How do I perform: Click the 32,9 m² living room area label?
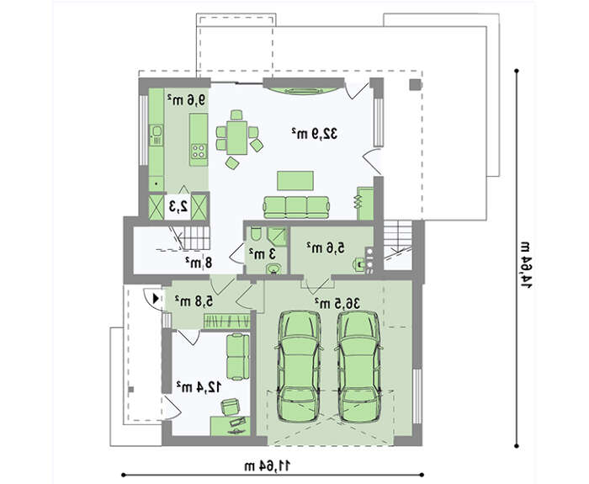(x=315, y=133)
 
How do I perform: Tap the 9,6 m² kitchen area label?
(x=186, y=99)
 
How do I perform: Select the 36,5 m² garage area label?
(x=337, y=303)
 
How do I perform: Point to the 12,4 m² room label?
(x=199, y=386)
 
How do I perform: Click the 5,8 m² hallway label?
(x=194, y=301)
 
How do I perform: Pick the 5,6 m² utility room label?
(x=326, y=247)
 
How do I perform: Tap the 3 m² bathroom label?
(x=262, y=254)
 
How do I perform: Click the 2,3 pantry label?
(x=178, y=206)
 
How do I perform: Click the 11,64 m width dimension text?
(x=268, y=466)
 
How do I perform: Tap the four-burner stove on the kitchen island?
(x=199, y=151)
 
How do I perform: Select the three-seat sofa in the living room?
(x=297, y=207)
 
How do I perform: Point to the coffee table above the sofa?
(x=295, y=181)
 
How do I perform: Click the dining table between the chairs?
(x=237, y=137)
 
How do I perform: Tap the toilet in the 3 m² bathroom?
(x=256, y=234)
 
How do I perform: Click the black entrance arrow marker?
(x=156, y=298)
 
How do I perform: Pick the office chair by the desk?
(x=230, y=407)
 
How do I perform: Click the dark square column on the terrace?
(x=415, y=84)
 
